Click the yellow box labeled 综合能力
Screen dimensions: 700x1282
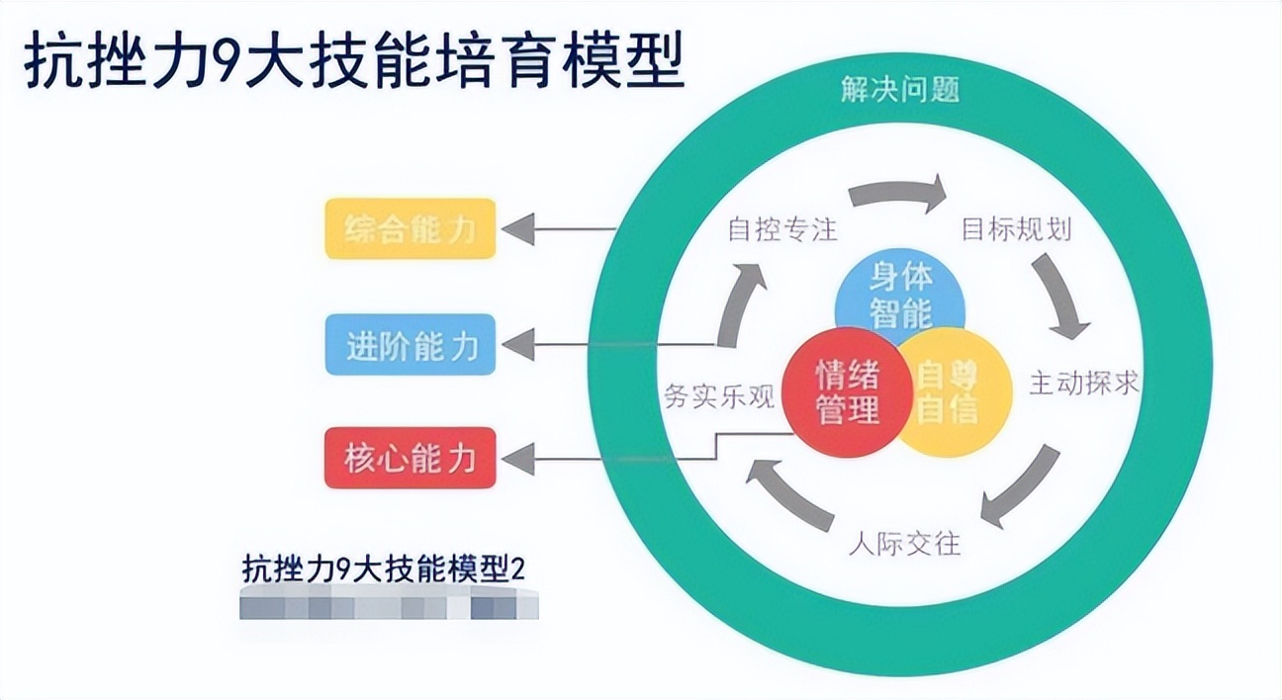click(411, 229)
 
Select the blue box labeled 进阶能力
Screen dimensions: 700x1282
click(411, 345)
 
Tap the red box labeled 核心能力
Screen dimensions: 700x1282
click(411, 458)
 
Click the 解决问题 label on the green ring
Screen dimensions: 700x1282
click(900, 91)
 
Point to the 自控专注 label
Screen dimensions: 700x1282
click(782, 230)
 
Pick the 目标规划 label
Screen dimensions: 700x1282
click(1017, 229)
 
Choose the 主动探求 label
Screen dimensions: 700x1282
click(1084, 383)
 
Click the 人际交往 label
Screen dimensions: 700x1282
click(904, 544)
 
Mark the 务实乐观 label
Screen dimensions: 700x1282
click(718, 394)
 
